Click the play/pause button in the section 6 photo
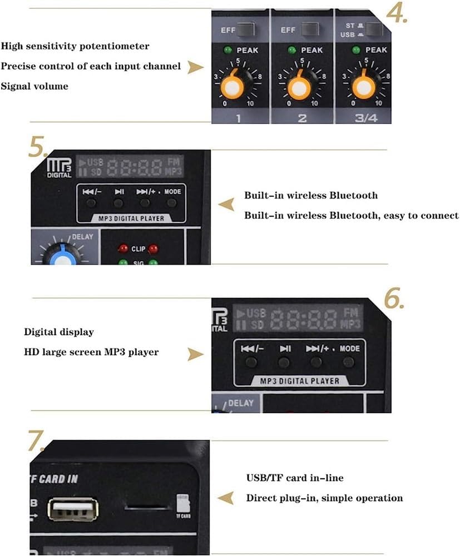click(284, 363)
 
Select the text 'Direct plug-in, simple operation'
click(324, 498)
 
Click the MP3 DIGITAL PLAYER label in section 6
click(299, 381)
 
